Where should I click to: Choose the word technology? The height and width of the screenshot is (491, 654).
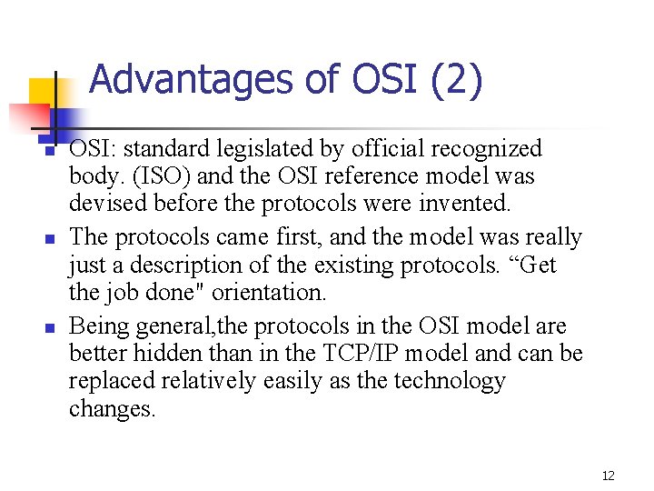[x=448, y=380]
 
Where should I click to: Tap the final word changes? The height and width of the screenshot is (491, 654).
[x=113, y=408]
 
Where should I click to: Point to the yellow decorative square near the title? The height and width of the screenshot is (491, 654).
[x=45, y=92]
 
